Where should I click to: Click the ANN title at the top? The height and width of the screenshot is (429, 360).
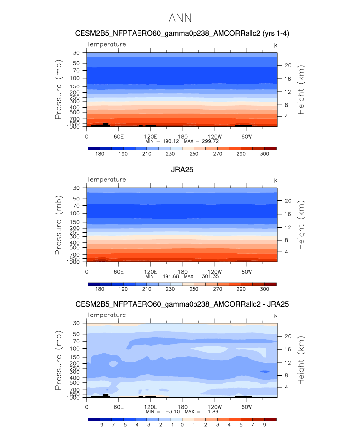pyautogui.click(x=180, y=18)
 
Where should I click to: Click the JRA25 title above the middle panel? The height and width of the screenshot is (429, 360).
pyautogui.click(x=182, y=170)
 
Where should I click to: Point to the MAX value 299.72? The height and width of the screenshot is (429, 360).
pyautogui.click(x=210, y=141)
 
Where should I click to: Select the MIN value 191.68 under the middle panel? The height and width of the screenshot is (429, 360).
pyautogui.click(x=171, y=276)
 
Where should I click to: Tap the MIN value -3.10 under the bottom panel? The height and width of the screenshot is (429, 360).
pyautogui.click(x=173, y=411)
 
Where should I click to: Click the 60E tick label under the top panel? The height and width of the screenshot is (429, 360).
pyautogui.click(x=119, y=137)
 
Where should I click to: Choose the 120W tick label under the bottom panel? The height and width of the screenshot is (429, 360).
pyautogui.click(x=215, y=407)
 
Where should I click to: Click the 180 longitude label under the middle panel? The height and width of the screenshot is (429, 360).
pyautogui.click(x=183, y=272)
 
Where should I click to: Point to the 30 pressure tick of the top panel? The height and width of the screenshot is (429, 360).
pyautogui.click(x=76, y=53)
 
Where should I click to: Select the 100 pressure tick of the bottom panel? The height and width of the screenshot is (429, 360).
pyautogui.click(x=75, y=348)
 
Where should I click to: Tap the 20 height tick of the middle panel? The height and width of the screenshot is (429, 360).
pyautogui.click(x=288, y=201)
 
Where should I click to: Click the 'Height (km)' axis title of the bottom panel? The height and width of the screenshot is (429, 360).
pyautogui.click(x=301, y=360)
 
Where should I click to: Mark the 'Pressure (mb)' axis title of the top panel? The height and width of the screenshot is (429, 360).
pyautogui.click(x=58, y=89)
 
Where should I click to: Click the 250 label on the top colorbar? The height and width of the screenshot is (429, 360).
pyautogui.click(x=194, y=154)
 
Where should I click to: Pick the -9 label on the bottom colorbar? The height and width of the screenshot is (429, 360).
pyautogui.click(x=100, y=425)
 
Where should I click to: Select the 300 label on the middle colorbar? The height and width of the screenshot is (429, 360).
pyautogui.click(x=264, y=289)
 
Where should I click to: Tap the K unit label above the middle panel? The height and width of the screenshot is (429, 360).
pyautogui.click(x=276, y=181)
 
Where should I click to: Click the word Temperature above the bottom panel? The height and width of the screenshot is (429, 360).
pyautogui.click(x=107, y=315)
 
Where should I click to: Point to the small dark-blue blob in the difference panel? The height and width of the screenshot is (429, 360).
pyautogui.click(x=265, y=372)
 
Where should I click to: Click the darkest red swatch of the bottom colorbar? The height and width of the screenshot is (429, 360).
pyautogui.click(x=270, y=419)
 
